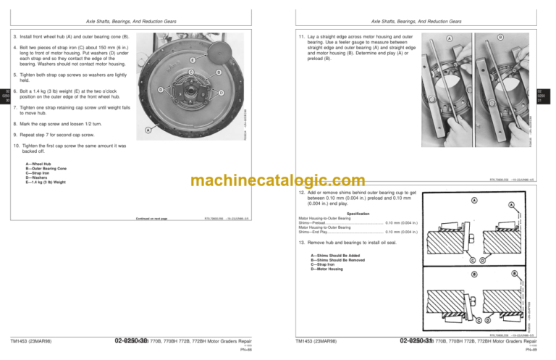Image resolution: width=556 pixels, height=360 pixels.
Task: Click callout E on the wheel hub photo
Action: click(193, 59)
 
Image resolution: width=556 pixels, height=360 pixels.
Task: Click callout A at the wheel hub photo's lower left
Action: click(148, 130)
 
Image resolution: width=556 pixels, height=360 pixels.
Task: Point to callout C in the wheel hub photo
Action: click(190, 71)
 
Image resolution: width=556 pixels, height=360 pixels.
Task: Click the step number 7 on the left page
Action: click(16, 106)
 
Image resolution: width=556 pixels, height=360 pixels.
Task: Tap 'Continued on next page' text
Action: click(152, 218)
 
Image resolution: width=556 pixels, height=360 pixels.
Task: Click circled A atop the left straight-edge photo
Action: click(450, 38)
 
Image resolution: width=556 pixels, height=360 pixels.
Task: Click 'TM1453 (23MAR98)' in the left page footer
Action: click(30, 339)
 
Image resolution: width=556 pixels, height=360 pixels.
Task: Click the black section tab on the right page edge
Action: click(549, 95)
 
